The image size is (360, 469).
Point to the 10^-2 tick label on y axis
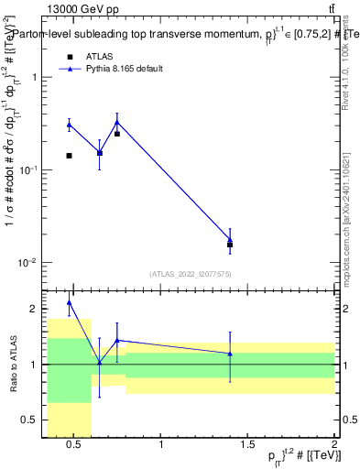coord(29,263)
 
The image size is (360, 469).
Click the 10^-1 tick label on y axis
coord(29,170)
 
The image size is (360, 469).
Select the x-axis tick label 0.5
coord(76,445)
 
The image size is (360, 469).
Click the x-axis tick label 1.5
coord(247,445)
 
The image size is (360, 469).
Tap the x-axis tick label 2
coord(334,445)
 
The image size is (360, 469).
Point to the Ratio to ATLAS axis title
coord(12,364)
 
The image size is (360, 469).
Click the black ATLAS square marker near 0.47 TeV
coord(69,156)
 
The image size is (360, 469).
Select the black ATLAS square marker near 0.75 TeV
coord(117,134)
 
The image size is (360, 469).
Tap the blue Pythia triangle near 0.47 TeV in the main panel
coord(69,125)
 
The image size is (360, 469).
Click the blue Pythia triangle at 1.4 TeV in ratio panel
coord(230,354)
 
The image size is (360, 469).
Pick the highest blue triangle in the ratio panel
coord(69,302)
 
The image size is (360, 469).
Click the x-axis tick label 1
coord(161,445)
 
